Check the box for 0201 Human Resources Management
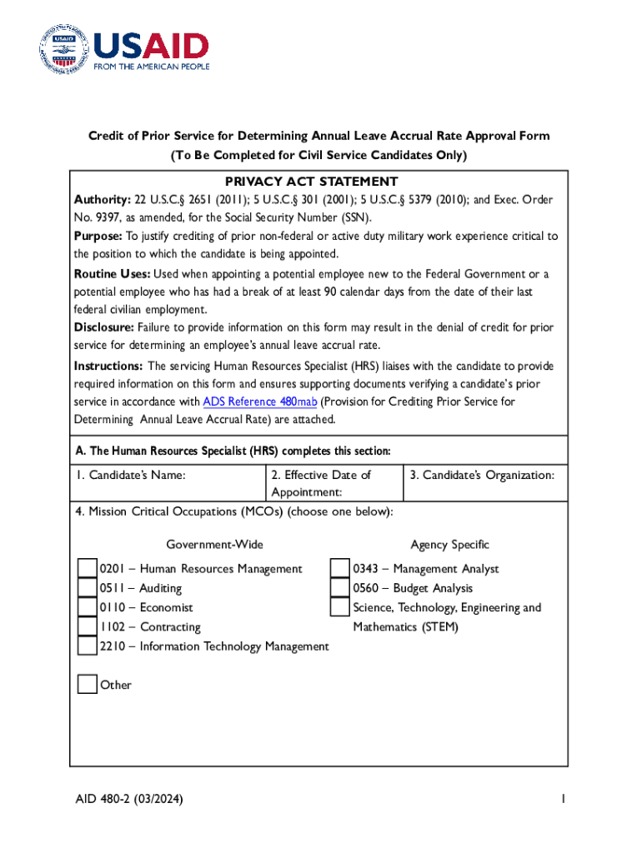88,569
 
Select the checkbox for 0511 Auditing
88,588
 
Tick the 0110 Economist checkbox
88,607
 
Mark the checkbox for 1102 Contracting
88,626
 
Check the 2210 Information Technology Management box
88,646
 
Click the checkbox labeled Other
88,685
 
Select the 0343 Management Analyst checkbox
340,569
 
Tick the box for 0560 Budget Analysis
340,588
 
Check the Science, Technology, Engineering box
340,607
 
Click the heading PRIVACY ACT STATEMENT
311,182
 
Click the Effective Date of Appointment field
321,483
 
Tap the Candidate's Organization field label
482,475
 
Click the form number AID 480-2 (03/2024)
128,800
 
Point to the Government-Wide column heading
214,545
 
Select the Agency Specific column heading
449,545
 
